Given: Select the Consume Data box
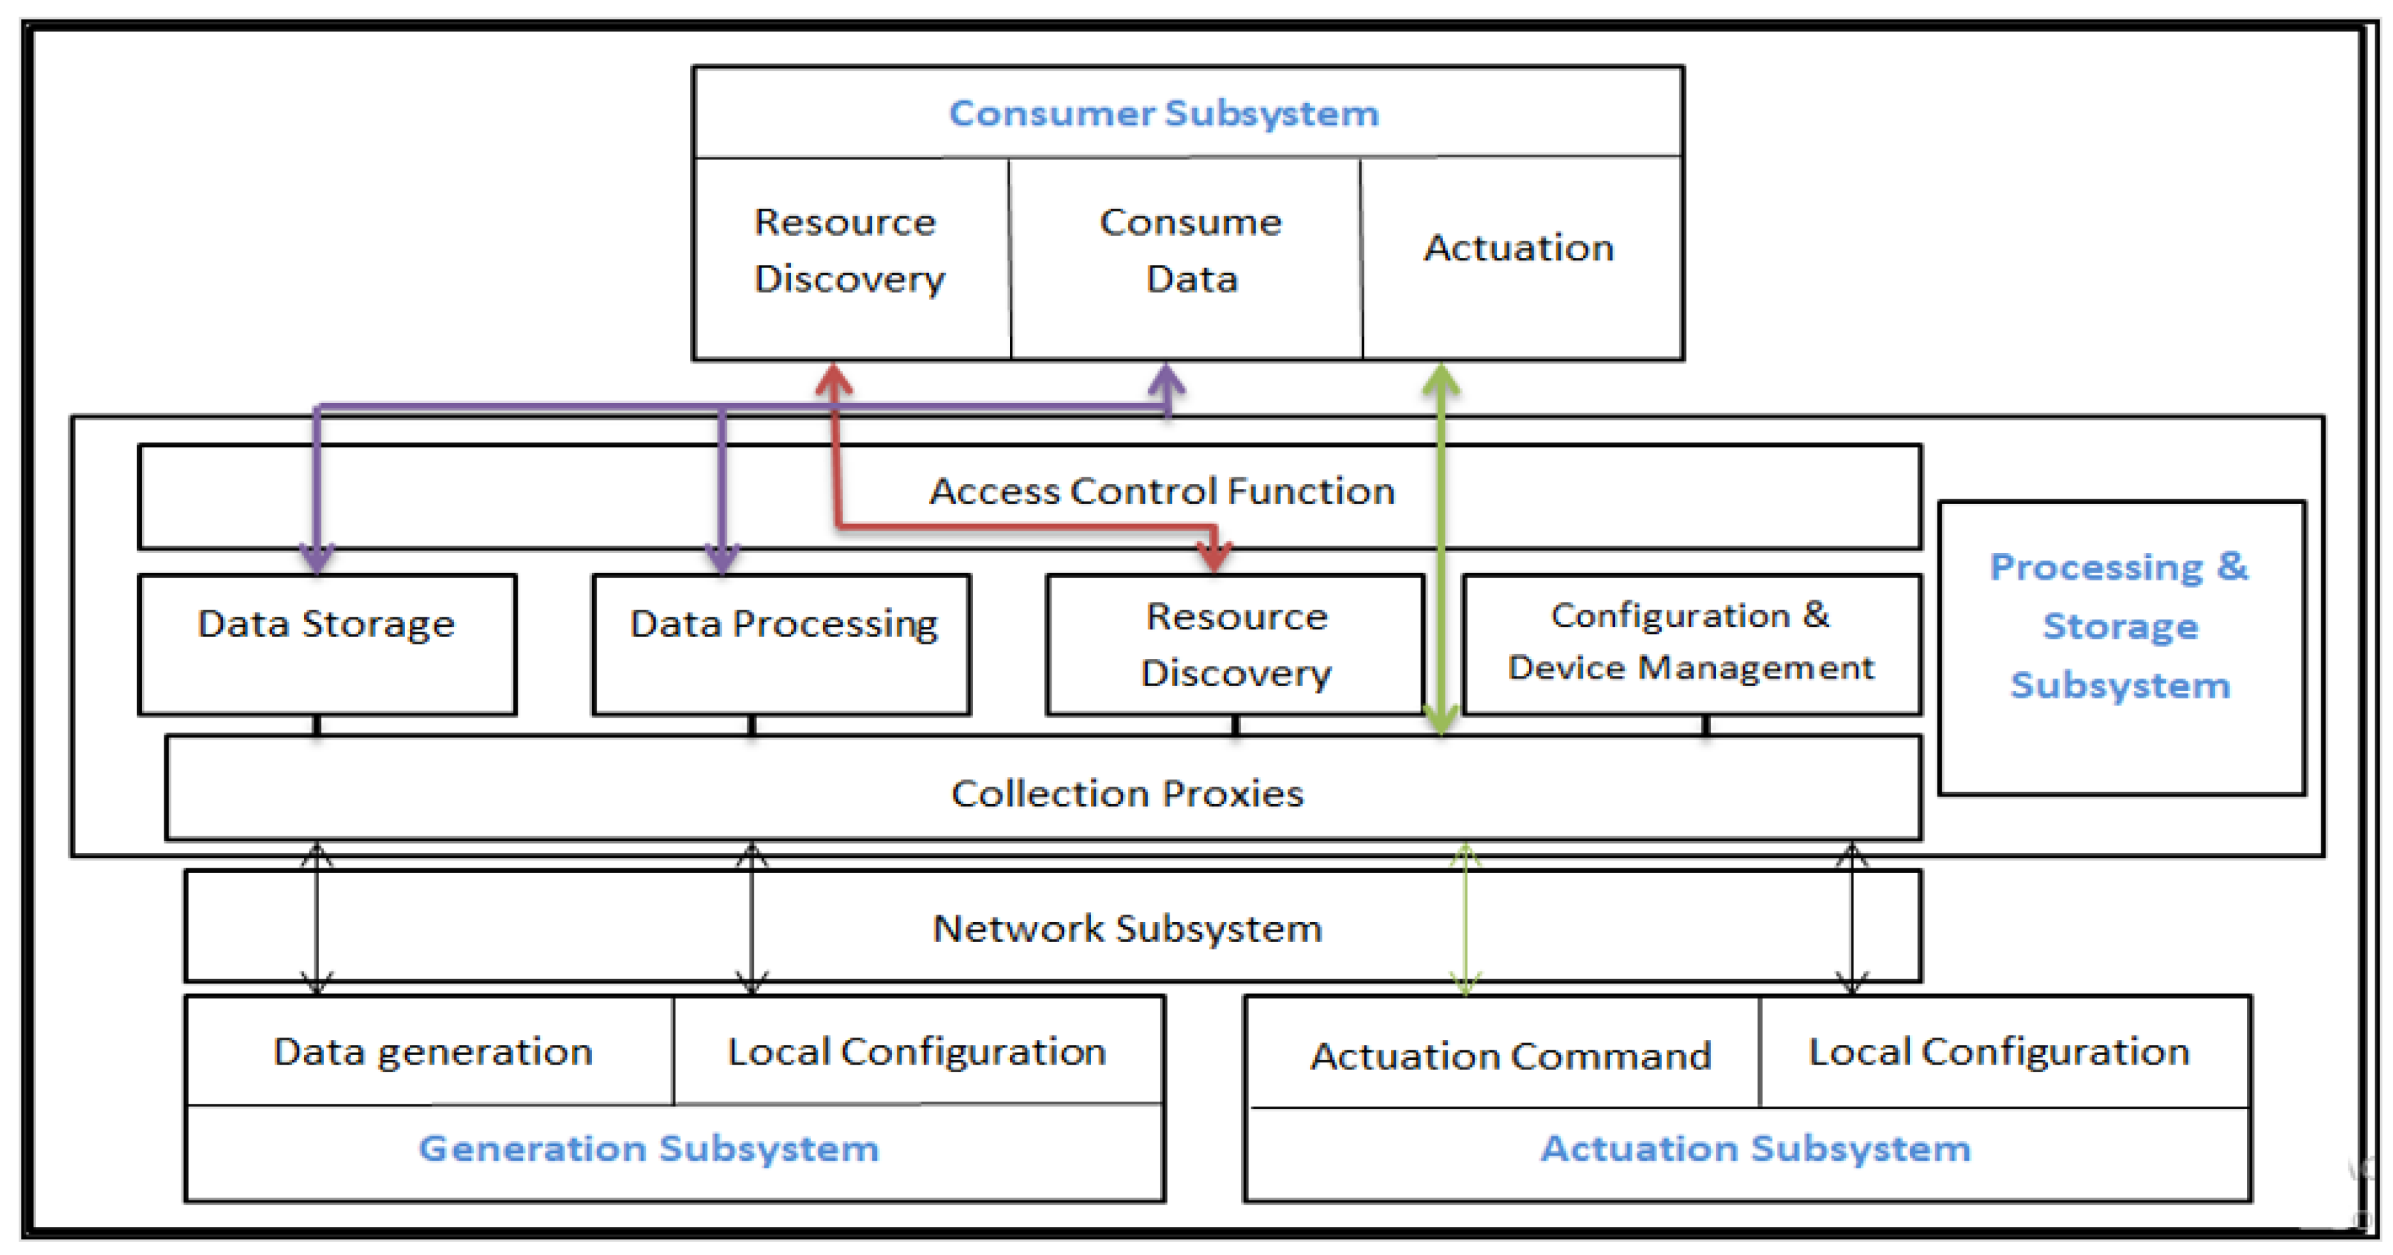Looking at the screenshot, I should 1190,251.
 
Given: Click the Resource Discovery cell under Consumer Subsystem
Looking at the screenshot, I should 848,251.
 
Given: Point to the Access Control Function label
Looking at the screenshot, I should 1161,490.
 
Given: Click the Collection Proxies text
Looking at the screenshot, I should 1127,793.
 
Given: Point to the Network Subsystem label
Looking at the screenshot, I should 1127,928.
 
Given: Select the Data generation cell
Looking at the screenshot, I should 432,1052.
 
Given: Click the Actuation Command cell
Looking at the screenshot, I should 1511,1055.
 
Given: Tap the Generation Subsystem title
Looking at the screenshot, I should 649,1148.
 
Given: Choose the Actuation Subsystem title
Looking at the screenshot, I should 1755,1148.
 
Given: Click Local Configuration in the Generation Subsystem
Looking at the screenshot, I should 916,1052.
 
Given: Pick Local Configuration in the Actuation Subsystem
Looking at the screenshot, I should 1998,1052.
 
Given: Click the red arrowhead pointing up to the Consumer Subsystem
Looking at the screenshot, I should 833,379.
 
